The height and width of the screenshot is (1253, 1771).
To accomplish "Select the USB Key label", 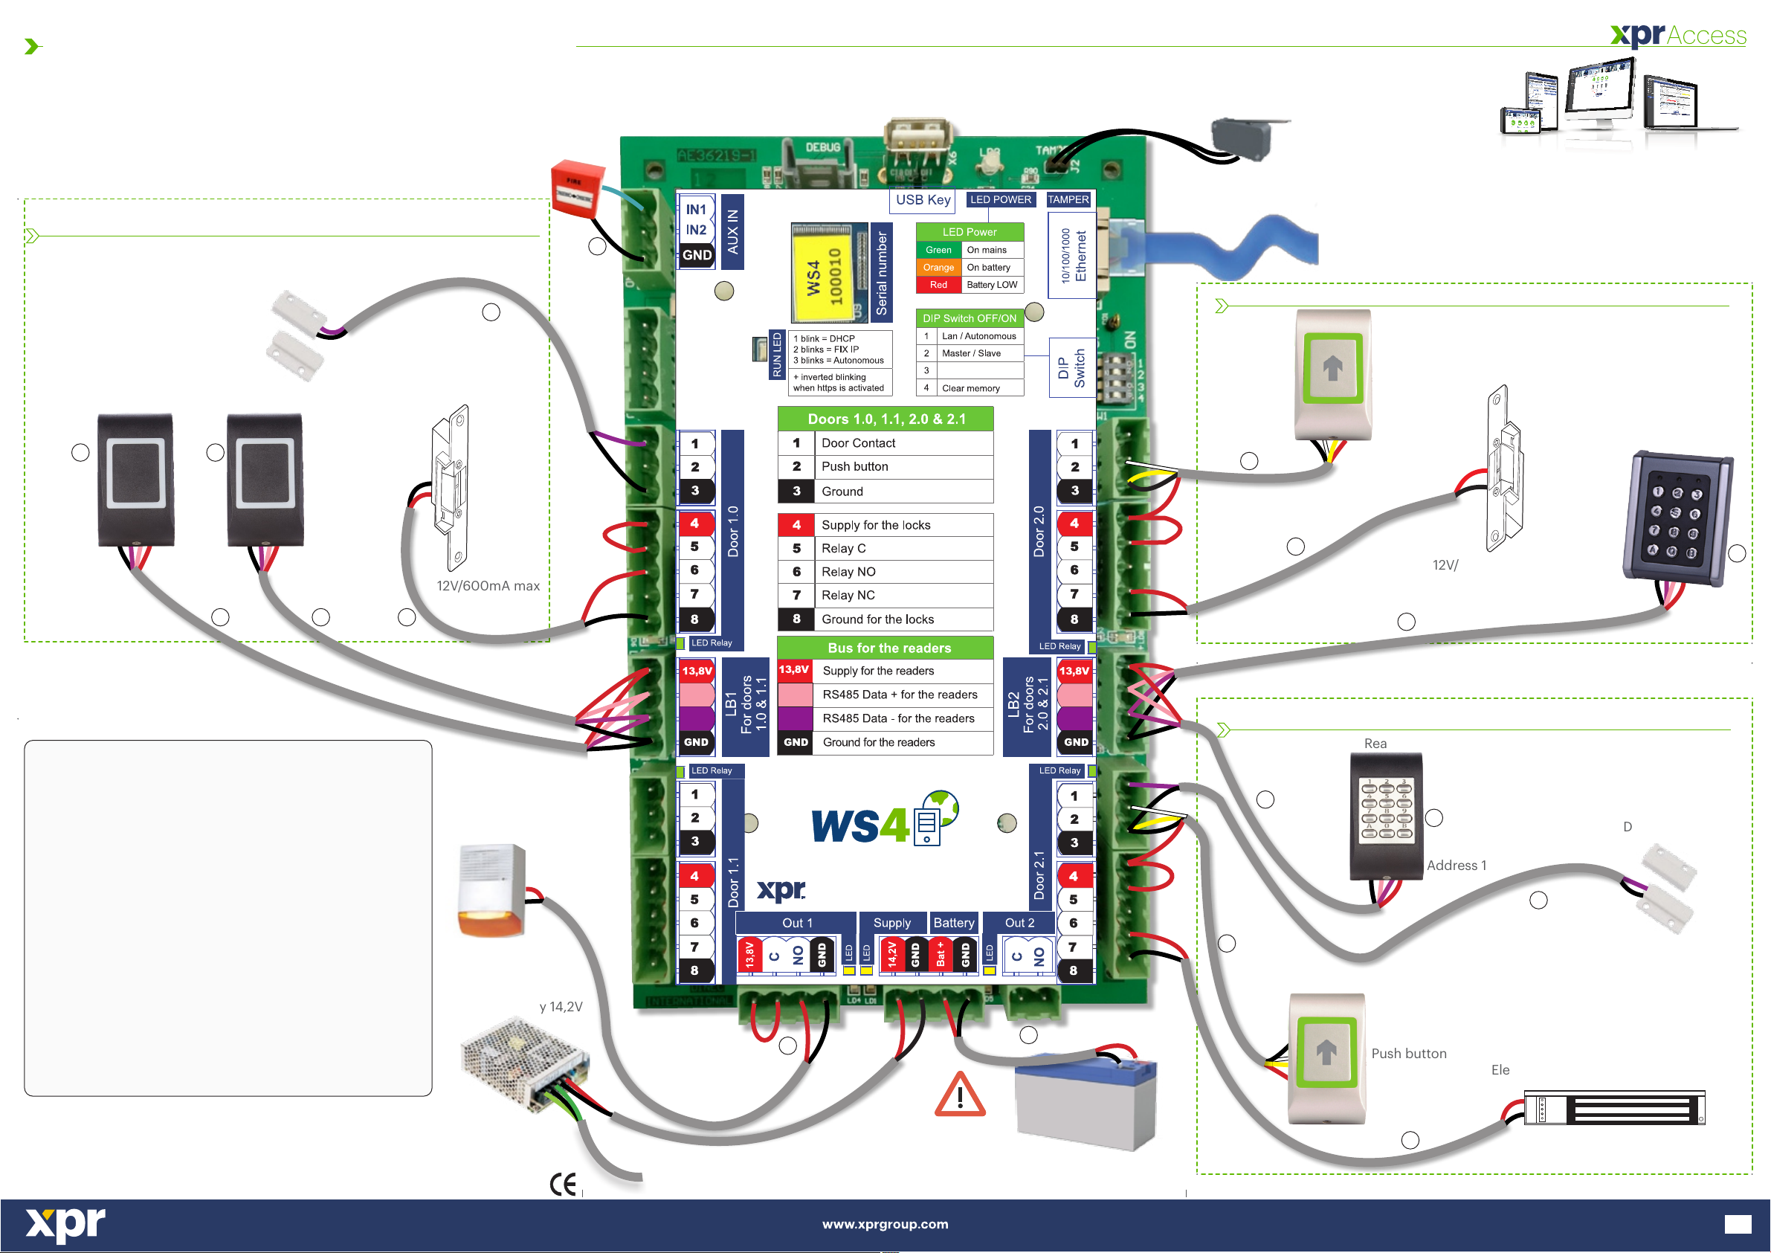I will tap(923, 200).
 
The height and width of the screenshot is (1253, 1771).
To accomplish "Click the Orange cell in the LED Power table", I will tap(938, 268).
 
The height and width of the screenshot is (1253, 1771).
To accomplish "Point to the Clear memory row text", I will tap(970, 388).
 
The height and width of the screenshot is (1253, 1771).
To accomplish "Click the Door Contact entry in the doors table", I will tap(858, 443).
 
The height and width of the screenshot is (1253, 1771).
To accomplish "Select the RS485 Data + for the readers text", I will tap(899, 695).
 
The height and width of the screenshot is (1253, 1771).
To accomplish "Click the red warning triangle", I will tap(960, 1095).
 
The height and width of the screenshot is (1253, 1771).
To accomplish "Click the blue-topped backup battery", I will tap(1086, 1103).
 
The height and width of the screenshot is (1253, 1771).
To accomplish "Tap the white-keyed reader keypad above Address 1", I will tap(1385, 816).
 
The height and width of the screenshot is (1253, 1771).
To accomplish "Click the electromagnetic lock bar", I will tap(1613, 1109).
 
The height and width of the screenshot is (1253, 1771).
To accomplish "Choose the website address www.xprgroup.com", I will tap(885, 1224).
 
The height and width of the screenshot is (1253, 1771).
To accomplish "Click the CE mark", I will tap(563, 1185).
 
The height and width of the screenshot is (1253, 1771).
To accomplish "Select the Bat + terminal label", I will tap(941, 954).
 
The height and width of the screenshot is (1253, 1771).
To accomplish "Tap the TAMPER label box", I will tap(1068, 200).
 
